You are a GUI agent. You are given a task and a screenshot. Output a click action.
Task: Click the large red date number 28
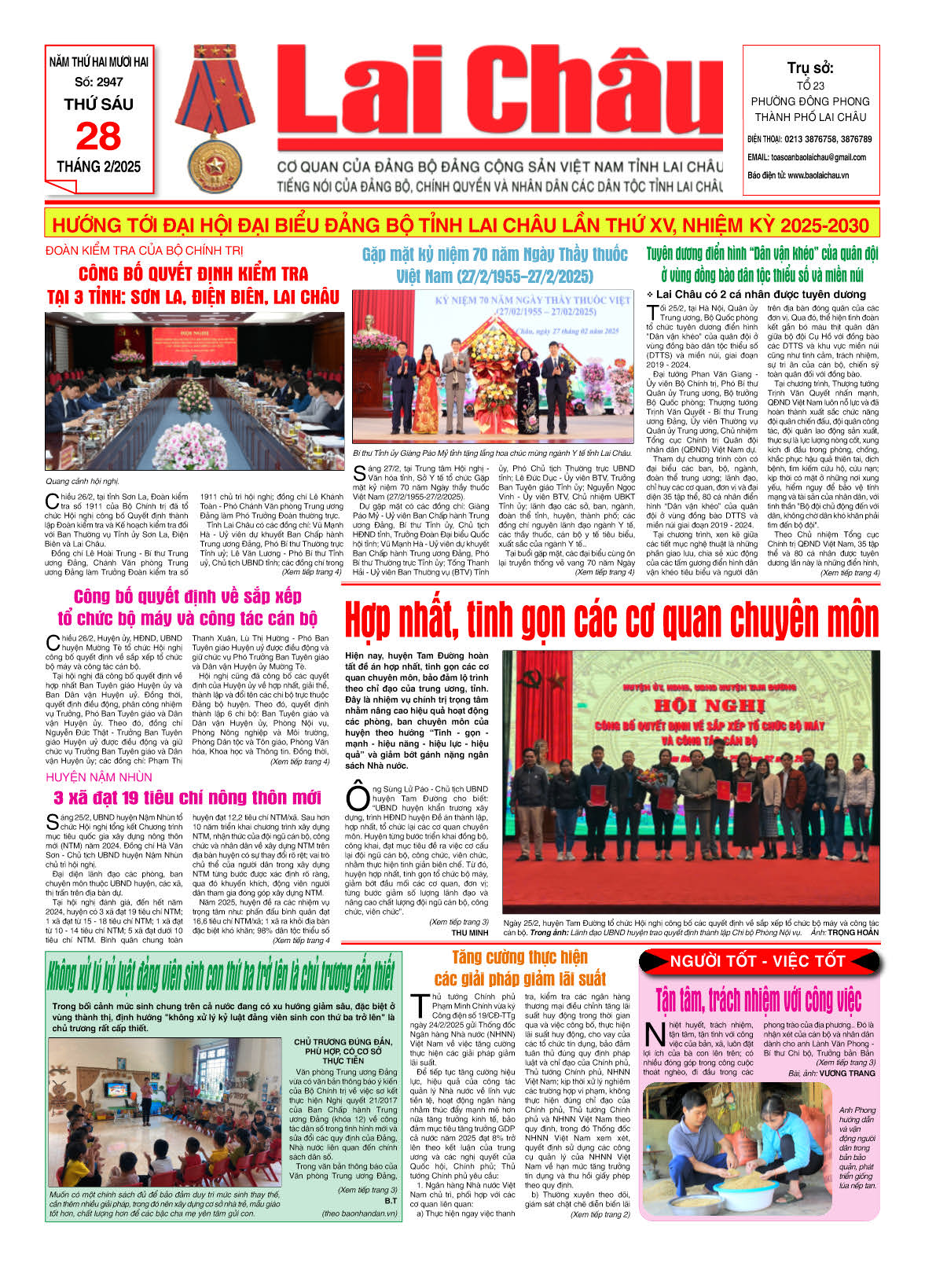tap(98, 137)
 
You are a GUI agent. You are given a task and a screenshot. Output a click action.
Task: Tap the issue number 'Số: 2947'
tap(99, 82)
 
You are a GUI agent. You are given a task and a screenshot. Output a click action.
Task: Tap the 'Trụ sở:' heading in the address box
tap(810, 68)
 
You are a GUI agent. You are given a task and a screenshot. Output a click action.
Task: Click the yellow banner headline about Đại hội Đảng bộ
tap(461, 226)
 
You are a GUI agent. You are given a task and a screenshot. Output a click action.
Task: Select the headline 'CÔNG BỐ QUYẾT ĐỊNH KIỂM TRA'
tap(193, 274)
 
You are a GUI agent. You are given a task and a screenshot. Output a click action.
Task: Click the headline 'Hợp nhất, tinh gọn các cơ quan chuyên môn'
tap(611, 620)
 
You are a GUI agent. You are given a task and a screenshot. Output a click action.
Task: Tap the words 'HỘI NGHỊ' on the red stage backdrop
tap(697, 706)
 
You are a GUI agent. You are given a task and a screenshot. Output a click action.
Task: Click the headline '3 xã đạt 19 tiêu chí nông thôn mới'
tap(187, 798)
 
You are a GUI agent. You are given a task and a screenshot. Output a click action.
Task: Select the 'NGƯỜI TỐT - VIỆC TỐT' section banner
tap(757, 961)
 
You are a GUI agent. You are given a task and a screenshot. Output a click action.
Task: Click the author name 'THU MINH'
tap(469, 933)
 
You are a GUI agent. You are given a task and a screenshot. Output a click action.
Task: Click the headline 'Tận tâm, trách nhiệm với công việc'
tap(758, 1000)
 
